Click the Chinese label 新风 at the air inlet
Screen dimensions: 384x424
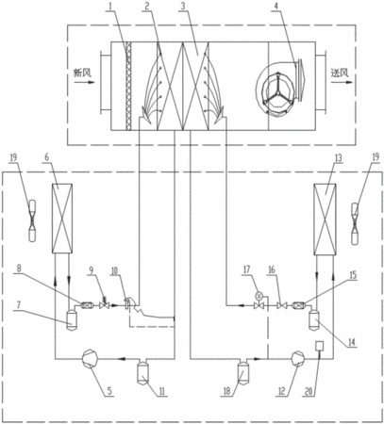click(82, 73)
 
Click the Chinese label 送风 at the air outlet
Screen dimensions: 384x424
click(340, 73)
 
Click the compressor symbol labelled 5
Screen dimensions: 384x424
click(90, 358)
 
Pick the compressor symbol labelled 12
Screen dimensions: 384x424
click(298, 358)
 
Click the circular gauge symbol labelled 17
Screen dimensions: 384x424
click(259, 295)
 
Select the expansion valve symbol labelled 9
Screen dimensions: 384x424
click(104, 304)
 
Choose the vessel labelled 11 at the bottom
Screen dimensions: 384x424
click(142, 372)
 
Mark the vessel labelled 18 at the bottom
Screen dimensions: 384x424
click(242, 372)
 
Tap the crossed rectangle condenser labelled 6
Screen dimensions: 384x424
click(62, 219)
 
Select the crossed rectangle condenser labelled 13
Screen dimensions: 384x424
click(326, 220)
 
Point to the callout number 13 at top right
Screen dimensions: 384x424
click(338, 158)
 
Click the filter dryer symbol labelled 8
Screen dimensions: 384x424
click(87, 304)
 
